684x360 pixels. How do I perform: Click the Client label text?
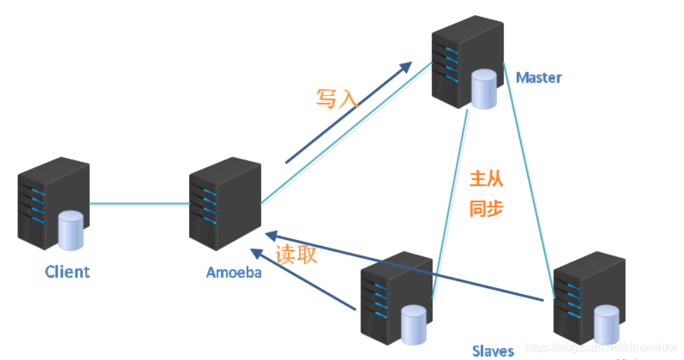[67, 272]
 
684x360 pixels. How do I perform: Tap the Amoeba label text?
[234, 272]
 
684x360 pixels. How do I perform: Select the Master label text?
[539, 77]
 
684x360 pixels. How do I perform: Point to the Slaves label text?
[493, 351]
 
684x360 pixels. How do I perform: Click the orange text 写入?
[337, 99]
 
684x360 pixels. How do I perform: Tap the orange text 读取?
[296, 254]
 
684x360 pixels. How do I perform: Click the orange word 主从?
[487, 180]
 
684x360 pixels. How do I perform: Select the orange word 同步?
[487, 208]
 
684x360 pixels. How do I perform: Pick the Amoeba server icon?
[224, 202]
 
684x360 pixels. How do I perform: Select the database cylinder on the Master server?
[485, 89]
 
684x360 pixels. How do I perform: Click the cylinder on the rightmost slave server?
[607, 322]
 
